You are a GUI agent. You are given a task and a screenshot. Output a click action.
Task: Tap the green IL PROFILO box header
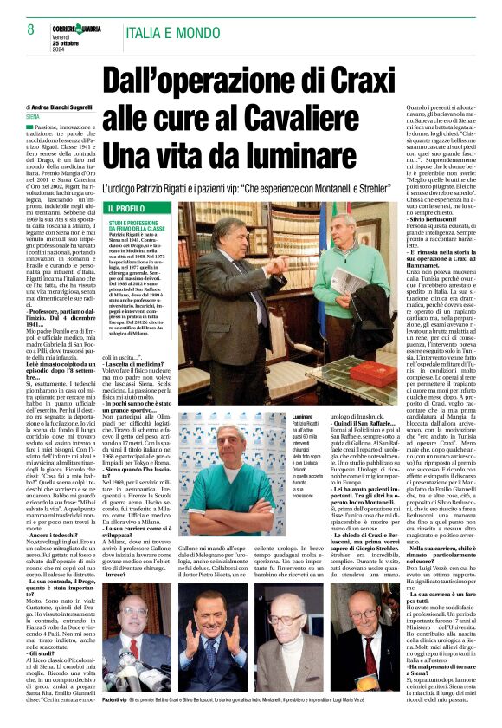[x=127, y=209]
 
